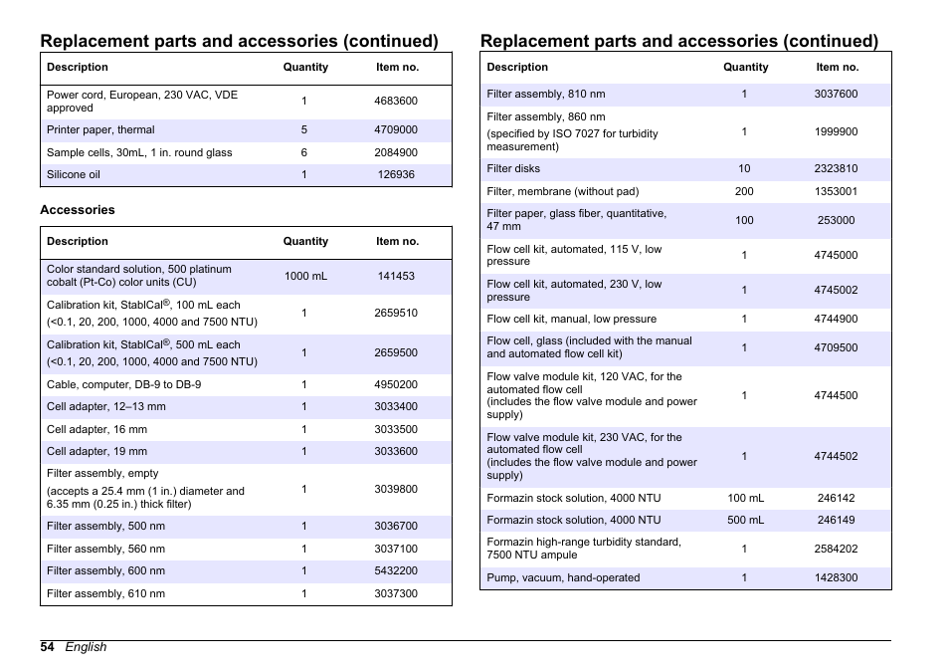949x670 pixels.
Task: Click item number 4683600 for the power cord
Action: [396, 101]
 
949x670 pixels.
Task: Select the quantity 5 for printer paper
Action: [304, 130]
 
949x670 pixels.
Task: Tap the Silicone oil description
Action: [74, 174]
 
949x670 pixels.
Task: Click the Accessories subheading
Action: [78, 210]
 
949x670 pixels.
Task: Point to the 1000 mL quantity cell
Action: [305, 276]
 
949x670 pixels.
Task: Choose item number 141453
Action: [396, 276]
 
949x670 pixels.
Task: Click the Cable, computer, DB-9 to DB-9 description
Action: [124, 384]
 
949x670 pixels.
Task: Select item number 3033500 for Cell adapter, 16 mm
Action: [396, 429]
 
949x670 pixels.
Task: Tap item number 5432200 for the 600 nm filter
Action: [396, 571]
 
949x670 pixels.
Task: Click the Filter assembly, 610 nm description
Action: [106, 593]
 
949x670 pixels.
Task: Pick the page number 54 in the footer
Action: [48, 647]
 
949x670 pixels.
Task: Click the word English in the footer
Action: [87, 647]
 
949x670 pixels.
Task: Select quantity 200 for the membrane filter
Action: [744, 191]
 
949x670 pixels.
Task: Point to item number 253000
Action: [836, 220]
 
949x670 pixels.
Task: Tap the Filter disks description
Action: [514, 168]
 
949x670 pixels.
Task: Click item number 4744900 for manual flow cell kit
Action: [836, 320]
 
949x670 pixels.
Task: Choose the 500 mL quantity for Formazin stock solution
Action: [744, 520]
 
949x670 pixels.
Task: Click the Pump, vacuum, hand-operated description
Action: [564, 577]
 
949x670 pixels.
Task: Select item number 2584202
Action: [836, 549]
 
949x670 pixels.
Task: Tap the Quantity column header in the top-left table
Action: [305, 68]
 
